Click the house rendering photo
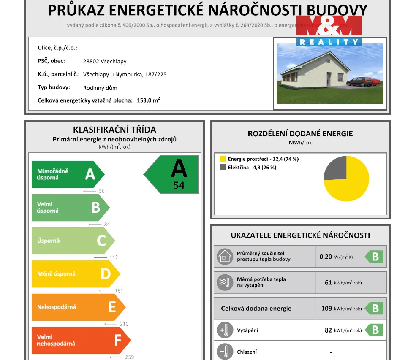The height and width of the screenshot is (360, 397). click(330, 73)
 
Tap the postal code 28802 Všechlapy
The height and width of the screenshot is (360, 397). click(105, 61)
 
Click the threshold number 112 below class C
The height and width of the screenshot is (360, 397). click(113, 257)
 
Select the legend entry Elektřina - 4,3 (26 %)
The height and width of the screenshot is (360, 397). click(252, 168)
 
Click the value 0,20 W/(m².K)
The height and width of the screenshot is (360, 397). click(336, 257)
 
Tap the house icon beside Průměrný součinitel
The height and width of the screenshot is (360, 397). click(224, 257)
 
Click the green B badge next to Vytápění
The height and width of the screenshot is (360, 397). click(374, 330)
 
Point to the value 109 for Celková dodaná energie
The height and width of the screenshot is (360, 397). click(326, 309)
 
